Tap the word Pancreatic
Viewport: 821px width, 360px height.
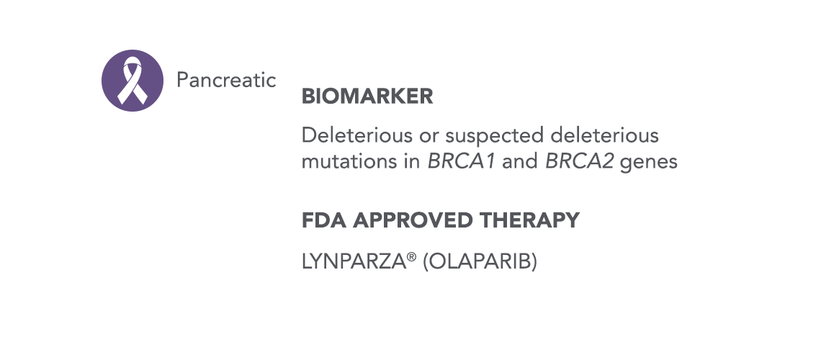(x=226, y=80)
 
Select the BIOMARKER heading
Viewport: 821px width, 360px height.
(x=367, y=96)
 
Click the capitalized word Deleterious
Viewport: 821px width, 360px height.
(x=357, y=135)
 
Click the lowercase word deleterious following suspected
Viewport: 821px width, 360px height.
(x=604, y=135)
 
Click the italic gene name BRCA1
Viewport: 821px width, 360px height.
(x=462, y=162)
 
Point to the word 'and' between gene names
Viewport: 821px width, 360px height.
(x=520, y=162)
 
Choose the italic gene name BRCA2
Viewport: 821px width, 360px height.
(x=579, y=162)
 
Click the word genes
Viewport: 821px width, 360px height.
(x=649, y=163)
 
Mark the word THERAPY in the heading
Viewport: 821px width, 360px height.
(x=529, y=220)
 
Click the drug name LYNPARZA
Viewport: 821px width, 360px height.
(x=354, y=261)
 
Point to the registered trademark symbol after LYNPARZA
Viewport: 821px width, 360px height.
(x=411, y=256)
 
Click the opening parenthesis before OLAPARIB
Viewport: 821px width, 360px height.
(x=426, y=261)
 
